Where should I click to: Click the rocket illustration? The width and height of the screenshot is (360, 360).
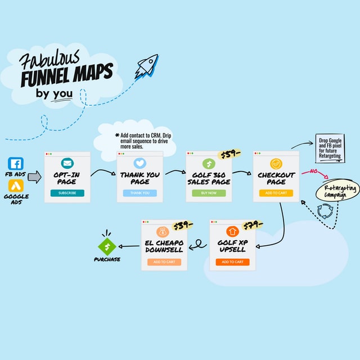point(147,66)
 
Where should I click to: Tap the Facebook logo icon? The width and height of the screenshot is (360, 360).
point(16,164)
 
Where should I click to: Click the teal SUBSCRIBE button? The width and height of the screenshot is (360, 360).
point(67,193)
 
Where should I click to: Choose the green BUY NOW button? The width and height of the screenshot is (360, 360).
point(209,193)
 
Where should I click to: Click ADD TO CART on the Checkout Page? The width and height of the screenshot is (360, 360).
point(276,193)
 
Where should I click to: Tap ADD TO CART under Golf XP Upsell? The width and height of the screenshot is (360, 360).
point(232,262)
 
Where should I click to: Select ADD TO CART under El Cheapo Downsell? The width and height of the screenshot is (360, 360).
point(164,262)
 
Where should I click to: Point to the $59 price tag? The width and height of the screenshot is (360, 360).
point(230,155)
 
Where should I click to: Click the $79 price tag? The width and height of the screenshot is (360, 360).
point(251,226)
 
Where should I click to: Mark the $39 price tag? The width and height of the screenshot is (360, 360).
point(183,225)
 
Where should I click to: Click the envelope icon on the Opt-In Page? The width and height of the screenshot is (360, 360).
point(67,164)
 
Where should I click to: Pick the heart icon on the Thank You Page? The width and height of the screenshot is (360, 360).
point(140,164)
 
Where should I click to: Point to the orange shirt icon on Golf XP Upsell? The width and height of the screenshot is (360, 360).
point(232,231)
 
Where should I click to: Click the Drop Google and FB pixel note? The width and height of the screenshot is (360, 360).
point(330,148)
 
